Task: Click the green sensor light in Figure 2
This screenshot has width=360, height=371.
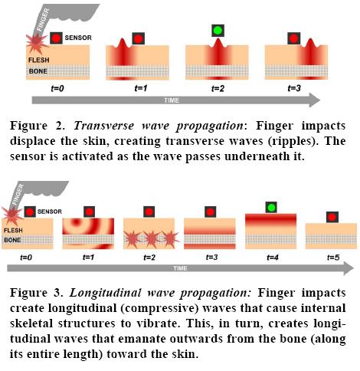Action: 218,31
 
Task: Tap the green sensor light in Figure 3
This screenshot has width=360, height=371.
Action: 271,207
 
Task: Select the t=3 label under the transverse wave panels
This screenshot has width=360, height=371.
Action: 294,88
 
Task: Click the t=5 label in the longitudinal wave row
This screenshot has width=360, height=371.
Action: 333,258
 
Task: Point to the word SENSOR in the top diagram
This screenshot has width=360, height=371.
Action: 78,38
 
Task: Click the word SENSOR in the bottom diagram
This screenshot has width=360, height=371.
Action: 50,212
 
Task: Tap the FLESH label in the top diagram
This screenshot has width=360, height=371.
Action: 39,60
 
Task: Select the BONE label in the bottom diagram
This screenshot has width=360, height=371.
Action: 12,240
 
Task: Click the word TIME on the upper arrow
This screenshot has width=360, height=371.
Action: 172,100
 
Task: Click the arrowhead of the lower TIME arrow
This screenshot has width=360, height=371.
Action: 349,268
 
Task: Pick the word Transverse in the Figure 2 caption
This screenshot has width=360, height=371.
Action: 104,126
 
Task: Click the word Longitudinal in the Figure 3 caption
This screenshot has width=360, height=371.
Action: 105,293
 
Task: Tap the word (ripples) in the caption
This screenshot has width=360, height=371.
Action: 293,141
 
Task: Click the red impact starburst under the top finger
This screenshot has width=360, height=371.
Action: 38,43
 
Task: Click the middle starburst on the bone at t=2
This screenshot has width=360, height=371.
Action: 152,239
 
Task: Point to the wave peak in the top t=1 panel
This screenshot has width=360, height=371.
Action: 123,40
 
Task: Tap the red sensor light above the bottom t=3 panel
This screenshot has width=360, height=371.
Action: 210,212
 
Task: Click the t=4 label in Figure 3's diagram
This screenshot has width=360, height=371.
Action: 273,258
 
